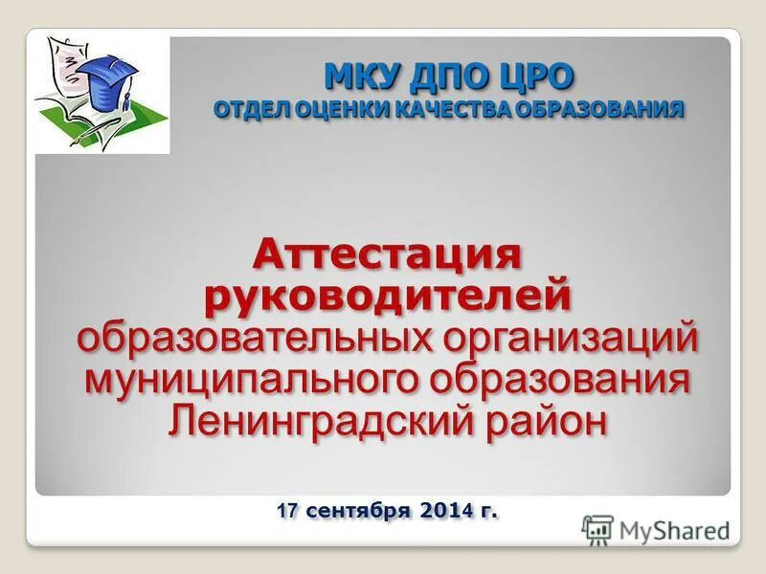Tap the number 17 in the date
[287, 512]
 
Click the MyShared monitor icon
[597, 529]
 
